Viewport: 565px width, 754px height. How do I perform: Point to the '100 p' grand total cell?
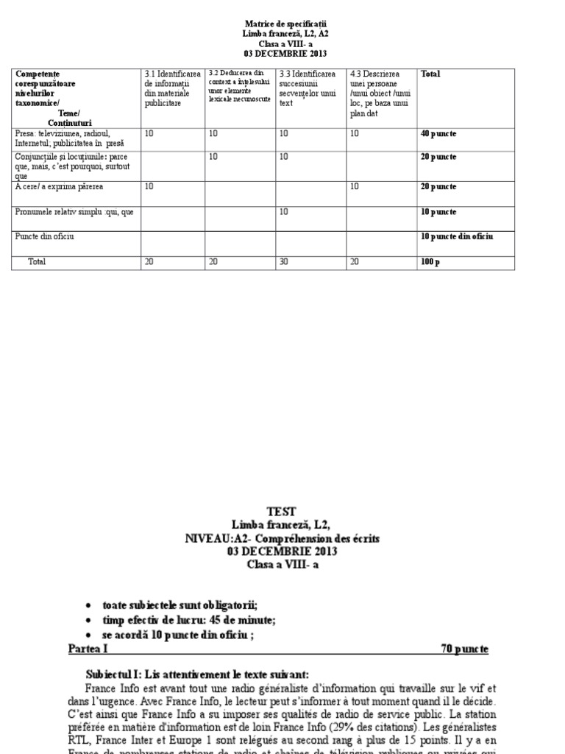pyautogui.click(x=430, y=262)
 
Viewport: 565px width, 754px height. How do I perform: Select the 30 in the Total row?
pyautogui.click(x=284, y=262)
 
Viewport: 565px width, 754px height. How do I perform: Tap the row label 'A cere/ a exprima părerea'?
pyautogui.click(x=60, y=187)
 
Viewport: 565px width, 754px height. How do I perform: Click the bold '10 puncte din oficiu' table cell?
pyautogui.click(x=456, y=236)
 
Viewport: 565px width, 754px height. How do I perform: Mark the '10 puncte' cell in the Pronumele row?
pyautogui.click(x=438, y=212)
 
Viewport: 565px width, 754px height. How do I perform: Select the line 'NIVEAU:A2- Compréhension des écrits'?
pyautogui.click(x=282, y=539)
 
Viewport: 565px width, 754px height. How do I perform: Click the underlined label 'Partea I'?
pyautogui.click(x=88, y=649)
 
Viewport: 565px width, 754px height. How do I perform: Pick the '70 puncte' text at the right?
pyautogui.click(x=464, y=649)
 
